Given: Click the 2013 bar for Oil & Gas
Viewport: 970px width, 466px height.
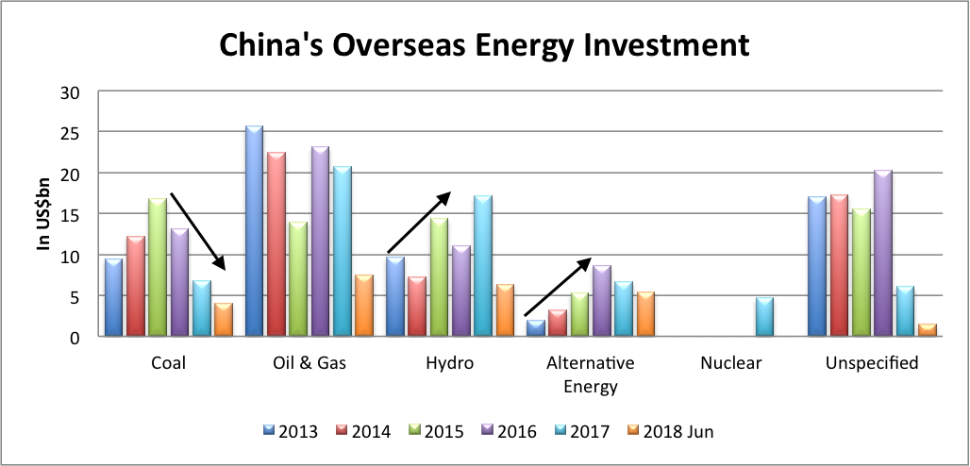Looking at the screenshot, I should tap(254, 231).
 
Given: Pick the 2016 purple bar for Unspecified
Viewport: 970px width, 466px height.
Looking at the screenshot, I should tap(882, 253).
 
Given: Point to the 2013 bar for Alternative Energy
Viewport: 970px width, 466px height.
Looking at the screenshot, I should tap(535, 328).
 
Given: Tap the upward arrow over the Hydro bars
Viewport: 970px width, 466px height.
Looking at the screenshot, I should tap(419, 223).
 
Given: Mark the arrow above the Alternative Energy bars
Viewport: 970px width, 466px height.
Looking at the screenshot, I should tap(558, 287).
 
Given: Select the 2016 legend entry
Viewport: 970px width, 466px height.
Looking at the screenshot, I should tap(510, 431).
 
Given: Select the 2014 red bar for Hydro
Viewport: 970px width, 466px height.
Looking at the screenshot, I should tap(415, 307).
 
